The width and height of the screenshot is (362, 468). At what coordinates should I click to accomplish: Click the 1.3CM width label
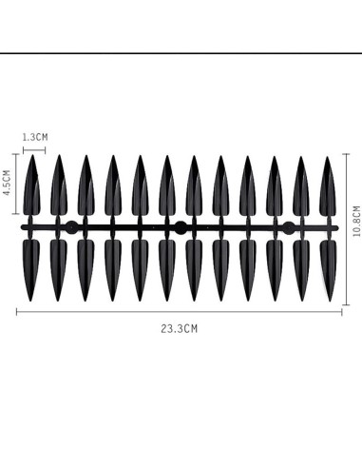click(x=34, y=137)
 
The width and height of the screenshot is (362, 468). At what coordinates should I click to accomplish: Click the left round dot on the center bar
click(x=71, y=227)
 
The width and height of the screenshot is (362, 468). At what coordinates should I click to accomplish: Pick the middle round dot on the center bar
click(x=180, y=227)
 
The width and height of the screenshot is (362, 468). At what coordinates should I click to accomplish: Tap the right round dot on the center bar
click(x=289, y=227)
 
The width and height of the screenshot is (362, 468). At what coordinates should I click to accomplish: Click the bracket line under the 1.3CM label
click(x=33, y=147)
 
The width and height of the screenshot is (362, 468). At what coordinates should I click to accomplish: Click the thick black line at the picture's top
click(x=181, y=54)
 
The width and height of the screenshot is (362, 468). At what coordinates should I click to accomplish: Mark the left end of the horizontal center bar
click(x=23, y=228)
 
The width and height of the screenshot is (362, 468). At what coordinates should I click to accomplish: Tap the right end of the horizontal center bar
click(x=338, y=228)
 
